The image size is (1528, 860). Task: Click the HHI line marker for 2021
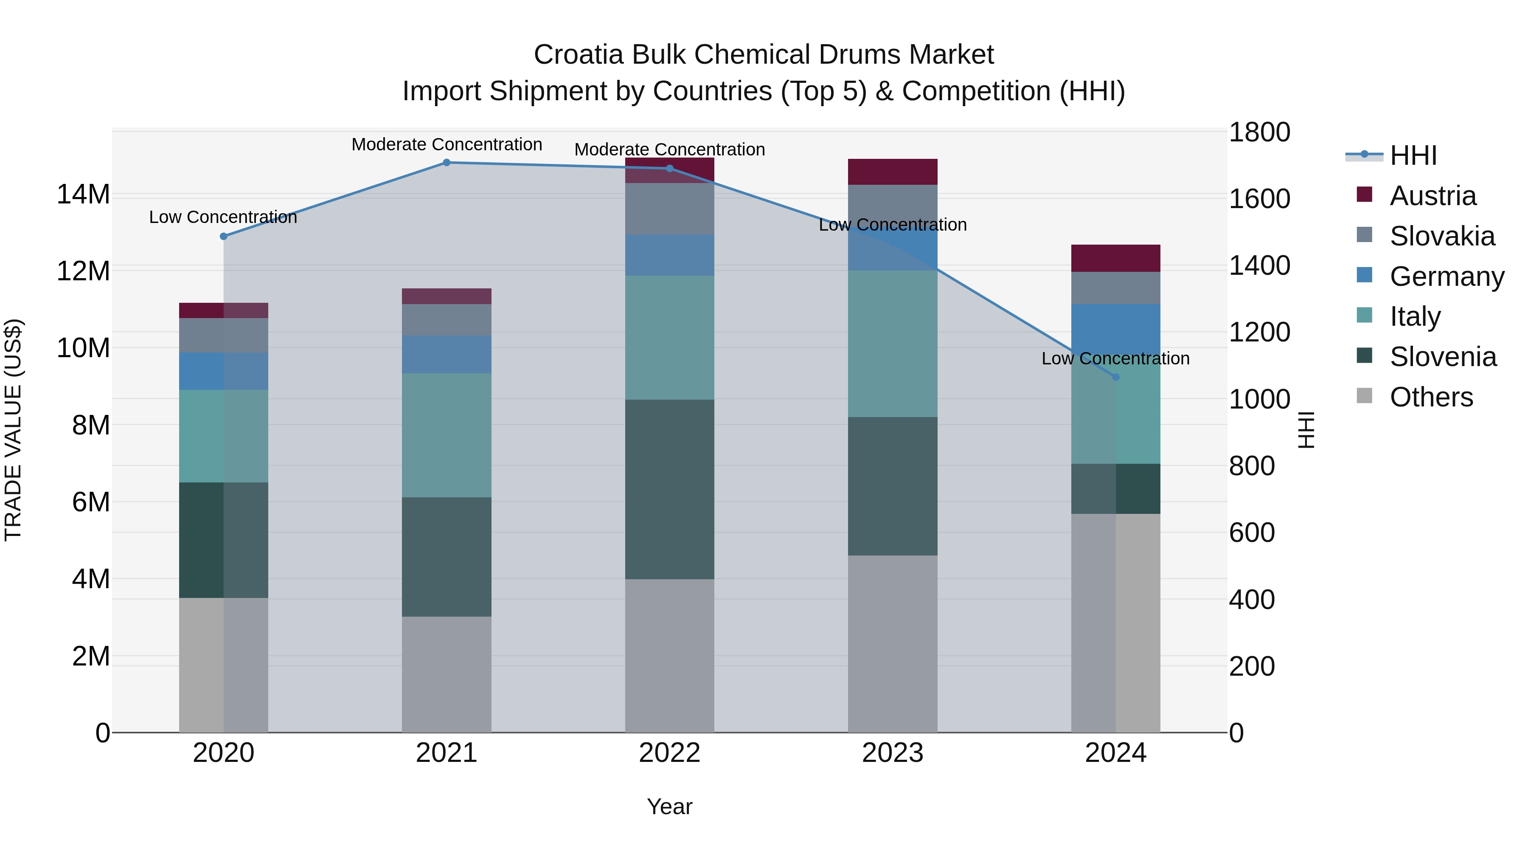(x=447, y=163)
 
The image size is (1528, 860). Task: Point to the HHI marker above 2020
(x=224, y=236)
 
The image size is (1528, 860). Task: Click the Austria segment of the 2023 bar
(x=892, y=172)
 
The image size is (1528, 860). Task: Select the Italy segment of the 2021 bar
(x=447, y=435)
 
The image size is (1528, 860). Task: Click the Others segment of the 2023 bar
(x=892, y=643)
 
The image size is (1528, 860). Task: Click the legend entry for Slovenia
(x=1443, y=357)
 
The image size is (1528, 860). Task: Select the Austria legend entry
(x=1432, y=196)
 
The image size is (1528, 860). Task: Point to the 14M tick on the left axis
(x=83, y=195)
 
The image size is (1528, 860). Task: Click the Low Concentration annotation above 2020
(x=223, y=217)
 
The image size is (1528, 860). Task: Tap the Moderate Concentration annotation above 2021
(x=447, y=144)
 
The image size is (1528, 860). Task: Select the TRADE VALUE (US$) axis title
(x=13, y=430)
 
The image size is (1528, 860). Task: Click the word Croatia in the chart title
(x=579, y=55)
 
